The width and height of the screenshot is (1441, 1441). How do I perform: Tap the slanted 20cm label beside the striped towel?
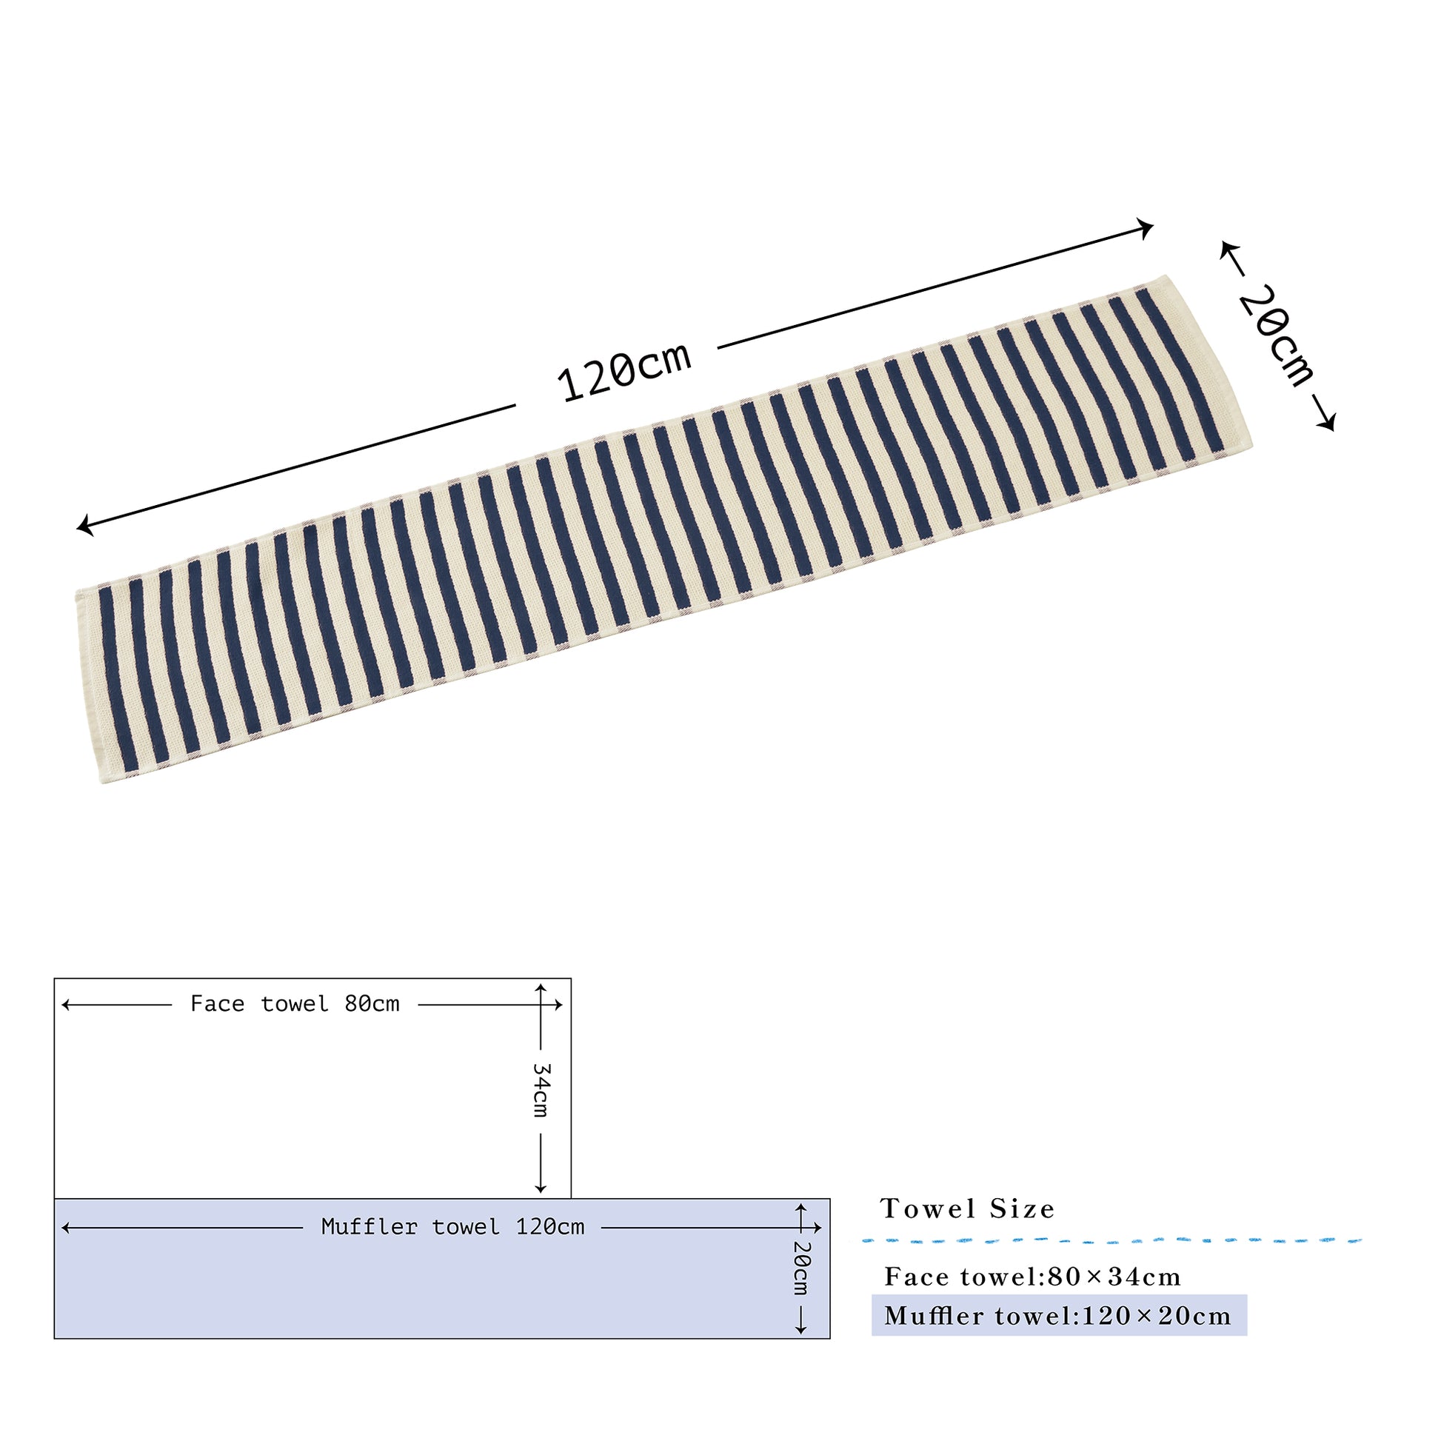point(1276,335)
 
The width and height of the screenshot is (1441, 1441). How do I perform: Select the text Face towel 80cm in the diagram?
point(295,1004)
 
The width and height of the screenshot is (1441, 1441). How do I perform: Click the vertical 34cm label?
point(541,1090)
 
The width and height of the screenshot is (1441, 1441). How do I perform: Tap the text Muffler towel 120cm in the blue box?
point(452,1227)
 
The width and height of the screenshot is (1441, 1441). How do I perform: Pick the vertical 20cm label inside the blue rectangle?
point(801,1268)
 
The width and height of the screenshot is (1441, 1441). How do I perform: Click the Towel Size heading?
point(967,1209)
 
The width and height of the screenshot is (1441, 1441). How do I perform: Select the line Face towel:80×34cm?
point(1032,1277)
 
